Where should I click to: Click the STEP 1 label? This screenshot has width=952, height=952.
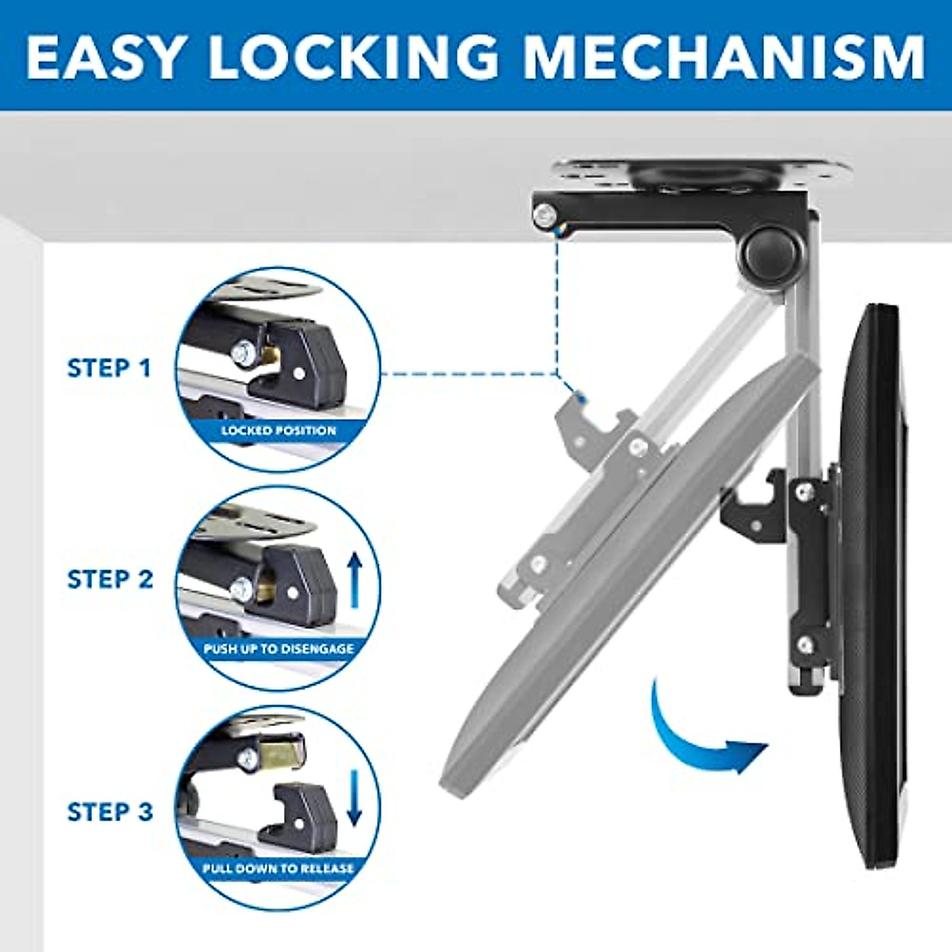109,368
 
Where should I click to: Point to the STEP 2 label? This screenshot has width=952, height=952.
109,579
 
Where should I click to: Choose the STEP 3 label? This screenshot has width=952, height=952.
109,812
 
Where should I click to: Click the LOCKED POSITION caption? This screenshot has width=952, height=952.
278,431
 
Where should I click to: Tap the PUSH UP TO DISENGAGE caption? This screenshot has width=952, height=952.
278,649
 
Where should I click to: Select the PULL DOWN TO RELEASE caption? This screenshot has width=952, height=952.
278,869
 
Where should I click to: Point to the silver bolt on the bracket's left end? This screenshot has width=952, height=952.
543,215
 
